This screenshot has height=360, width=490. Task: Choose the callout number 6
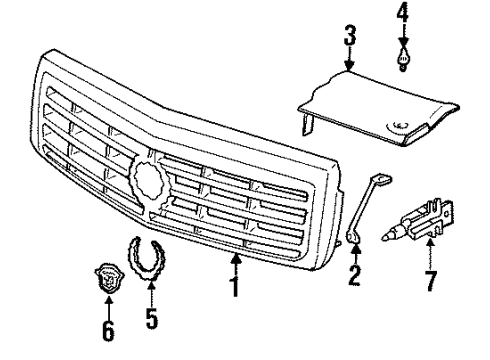(107, 329)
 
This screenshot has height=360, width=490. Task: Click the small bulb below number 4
(402, 57)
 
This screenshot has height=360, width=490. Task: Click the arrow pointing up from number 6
(107, 305)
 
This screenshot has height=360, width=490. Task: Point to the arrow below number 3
(349, 60)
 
